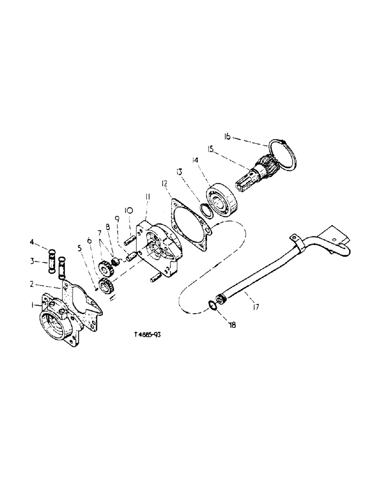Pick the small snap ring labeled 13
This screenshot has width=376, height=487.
206,210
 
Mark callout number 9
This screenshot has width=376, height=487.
117,219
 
